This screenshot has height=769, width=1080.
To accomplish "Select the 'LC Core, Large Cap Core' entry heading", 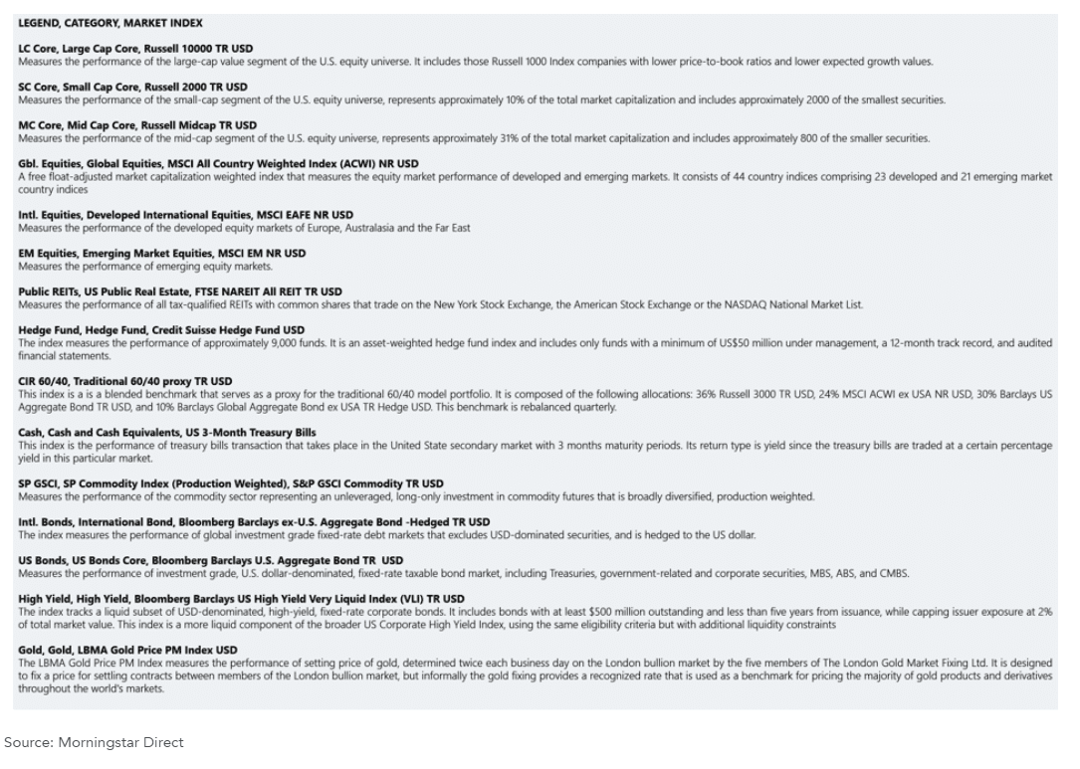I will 135,49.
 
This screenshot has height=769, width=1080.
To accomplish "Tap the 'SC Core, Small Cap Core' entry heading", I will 132,87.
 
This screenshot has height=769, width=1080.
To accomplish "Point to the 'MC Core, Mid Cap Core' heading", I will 137,125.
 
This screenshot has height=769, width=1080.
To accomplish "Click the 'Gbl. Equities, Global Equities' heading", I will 218,163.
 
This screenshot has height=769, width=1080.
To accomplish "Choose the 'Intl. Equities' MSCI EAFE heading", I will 185,215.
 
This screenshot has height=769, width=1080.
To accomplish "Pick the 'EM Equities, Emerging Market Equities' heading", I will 162,254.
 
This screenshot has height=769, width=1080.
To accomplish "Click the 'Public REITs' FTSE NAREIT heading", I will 179,291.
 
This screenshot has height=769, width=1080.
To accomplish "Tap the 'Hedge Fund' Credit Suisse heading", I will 161,330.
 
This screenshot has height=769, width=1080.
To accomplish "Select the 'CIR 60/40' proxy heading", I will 124,381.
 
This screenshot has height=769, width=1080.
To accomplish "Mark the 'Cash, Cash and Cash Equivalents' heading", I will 166,433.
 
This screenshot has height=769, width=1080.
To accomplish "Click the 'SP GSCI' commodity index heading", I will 231,483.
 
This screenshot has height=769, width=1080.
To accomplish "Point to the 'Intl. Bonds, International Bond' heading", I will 254,522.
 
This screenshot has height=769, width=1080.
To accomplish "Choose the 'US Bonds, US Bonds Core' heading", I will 210,560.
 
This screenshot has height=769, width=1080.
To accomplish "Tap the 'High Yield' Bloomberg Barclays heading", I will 241,599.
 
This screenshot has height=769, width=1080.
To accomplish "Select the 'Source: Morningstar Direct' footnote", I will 94,742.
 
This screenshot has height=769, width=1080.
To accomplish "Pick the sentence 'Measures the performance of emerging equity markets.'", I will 145,267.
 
